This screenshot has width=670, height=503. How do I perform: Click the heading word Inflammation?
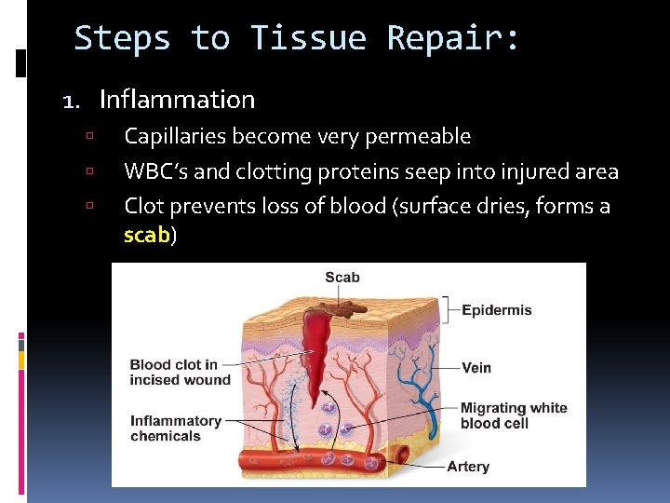177,99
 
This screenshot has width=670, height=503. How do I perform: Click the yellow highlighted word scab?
146,236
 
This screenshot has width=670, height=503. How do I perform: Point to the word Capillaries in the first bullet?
176,137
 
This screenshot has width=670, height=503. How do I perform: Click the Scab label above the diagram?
342,277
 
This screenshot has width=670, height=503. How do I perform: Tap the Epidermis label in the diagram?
497,310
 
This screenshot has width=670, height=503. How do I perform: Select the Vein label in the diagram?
476,368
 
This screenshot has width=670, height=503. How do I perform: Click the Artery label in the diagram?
468,467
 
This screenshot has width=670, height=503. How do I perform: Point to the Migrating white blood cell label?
513,415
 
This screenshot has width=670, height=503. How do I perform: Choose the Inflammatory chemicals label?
175,428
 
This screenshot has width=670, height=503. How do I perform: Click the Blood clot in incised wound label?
180,372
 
